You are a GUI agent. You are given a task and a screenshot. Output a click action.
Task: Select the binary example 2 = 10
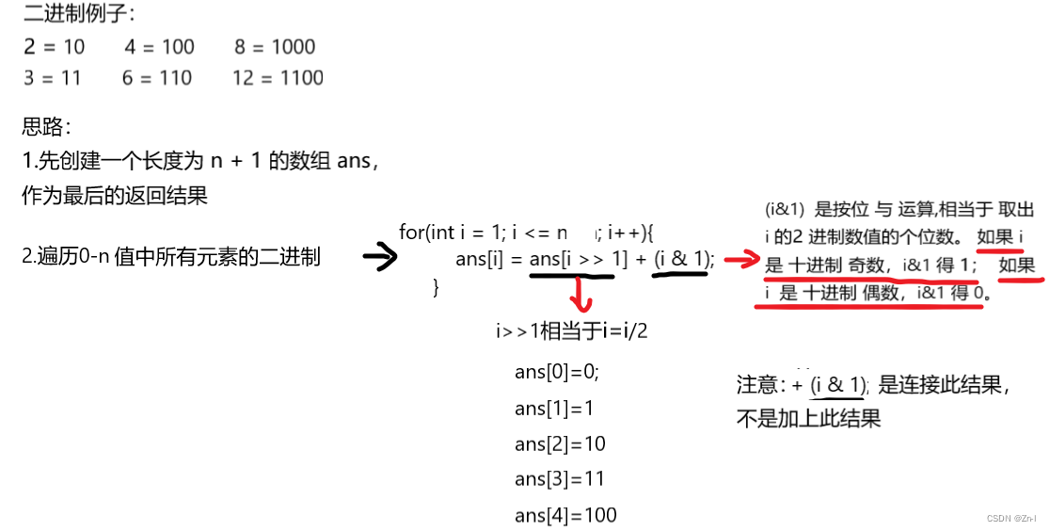tap(55, 47)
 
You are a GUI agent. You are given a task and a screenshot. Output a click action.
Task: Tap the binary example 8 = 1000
tap(275, 47)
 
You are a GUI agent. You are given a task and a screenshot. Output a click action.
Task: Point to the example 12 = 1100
tap(278, 78)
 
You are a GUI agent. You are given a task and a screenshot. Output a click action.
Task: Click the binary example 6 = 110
tap(156, 78)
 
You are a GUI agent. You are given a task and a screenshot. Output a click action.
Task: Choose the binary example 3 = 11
tap(53, 78)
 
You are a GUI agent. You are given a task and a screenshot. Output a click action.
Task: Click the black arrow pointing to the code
tap(380, 257)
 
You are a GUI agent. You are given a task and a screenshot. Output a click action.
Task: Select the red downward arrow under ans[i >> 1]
tap(581, 294)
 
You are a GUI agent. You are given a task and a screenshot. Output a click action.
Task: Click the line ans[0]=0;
tap(556, 372)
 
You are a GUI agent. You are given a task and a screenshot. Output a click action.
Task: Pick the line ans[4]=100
tap(565, 515)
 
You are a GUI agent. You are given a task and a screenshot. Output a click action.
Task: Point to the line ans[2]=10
tap(560, 443)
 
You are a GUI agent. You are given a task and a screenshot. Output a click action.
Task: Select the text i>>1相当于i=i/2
tap(572, 330)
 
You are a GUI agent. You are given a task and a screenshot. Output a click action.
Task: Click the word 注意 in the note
tap(759, 385)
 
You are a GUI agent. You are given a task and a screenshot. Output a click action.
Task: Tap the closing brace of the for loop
tap(436, 287)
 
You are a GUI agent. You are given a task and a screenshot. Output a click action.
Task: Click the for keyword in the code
tap(411, 232)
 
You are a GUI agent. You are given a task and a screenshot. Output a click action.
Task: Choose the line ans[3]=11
tap(560, 479)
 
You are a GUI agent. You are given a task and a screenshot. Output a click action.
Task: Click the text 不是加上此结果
tap(808, 419)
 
